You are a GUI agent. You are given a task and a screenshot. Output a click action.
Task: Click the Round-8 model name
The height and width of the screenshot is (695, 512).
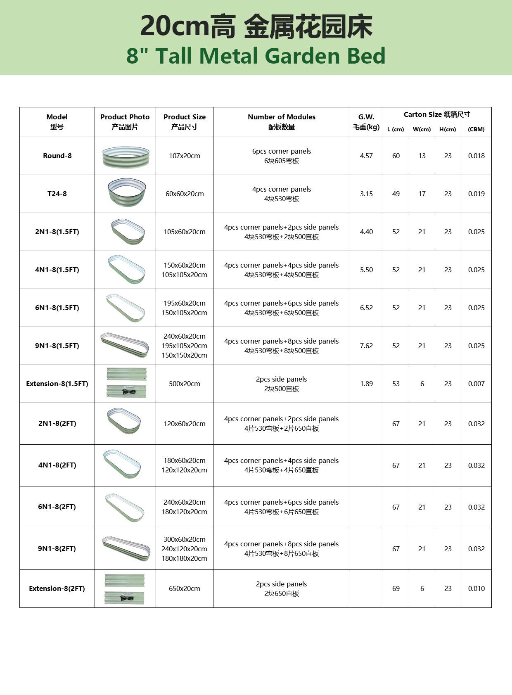tap(57, 156)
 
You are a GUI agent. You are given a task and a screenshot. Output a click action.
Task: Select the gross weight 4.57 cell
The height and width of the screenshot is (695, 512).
tap(366, 156)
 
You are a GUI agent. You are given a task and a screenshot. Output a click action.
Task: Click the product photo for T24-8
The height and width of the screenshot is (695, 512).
tap(126, 193)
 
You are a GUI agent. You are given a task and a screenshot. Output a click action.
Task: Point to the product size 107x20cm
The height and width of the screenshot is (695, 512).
tap(184, 156)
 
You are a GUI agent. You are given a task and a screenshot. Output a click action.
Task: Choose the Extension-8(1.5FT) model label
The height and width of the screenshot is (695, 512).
tap(57, 384)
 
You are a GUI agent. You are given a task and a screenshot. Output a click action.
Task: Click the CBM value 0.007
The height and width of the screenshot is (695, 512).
tap(476, 384)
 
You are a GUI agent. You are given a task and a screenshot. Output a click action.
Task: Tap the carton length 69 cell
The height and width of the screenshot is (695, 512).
tap(396, 588)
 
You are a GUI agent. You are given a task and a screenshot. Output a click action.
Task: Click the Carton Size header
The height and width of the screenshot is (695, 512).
tap(436, 114)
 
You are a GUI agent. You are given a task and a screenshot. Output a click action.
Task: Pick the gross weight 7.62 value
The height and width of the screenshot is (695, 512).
tap(366, 346)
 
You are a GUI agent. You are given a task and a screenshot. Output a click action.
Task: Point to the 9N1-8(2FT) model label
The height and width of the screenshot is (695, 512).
tap(57, 548)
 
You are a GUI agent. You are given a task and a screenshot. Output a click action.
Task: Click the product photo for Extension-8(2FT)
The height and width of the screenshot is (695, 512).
tap(125, 588)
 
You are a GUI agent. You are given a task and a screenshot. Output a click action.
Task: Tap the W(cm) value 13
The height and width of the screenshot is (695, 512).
tap(422, 156)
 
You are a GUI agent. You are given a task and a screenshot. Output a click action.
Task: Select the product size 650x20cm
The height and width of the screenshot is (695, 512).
tap(184, 588)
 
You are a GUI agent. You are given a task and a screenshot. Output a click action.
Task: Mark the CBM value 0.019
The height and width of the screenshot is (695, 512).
tap(476, 194)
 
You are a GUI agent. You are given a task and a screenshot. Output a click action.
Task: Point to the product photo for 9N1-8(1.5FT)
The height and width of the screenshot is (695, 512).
tap(125, 345)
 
